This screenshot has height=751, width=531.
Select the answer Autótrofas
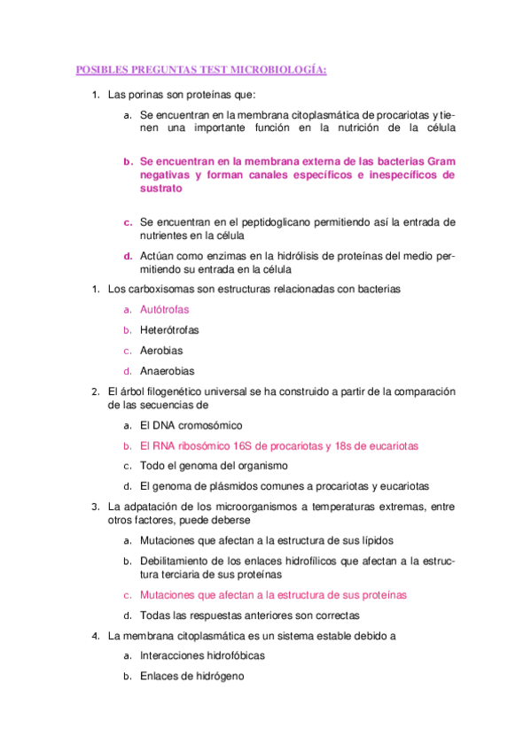coord(164,309)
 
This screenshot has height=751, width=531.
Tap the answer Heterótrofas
coord(169,330)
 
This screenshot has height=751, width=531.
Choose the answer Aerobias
coord(161,351)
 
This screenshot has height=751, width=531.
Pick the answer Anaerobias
coord(167,371)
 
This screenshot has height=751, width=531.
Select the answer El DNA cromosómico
coord(191,425)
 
